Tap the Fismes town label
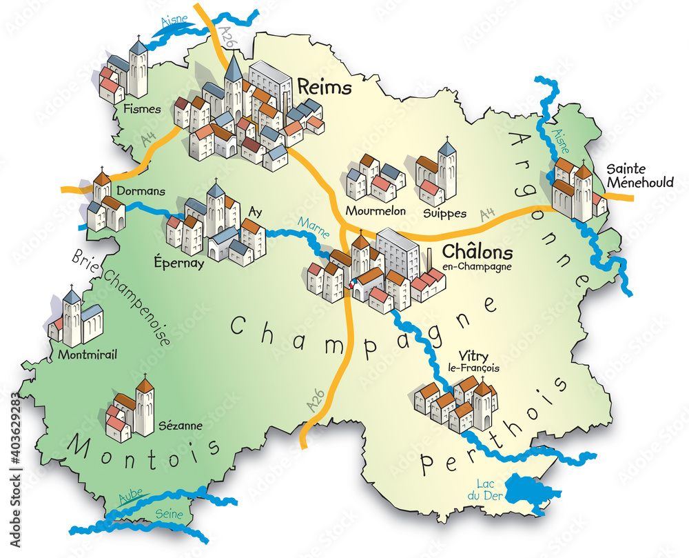tap(143, 109)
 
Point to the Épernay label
tap(179, 263)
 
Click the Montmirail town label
tap(88, 355)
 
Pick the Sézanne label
tap(180, 426)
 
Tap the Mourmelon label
tap(376, 210)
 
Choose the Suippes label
tap(445, 213)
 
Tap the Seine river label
tap(169, 514)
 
